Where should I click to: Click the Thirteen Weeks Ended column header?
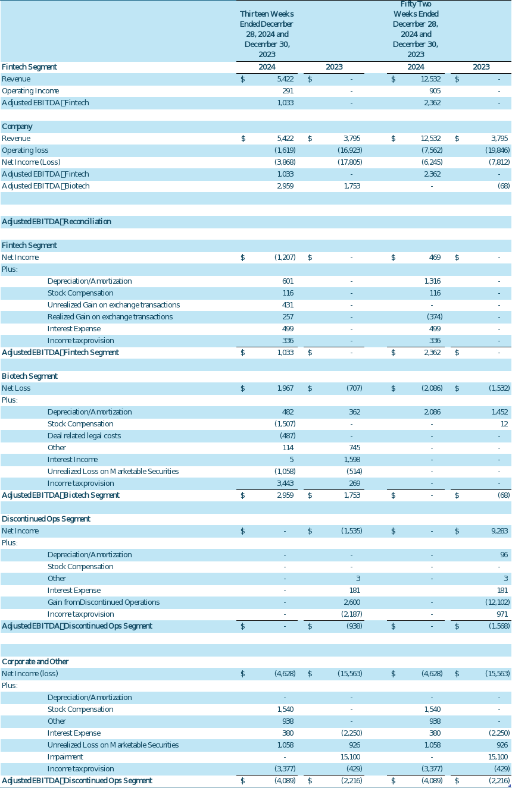coord(266,33)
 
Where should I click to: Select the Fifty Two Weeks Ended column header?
coord(416,29)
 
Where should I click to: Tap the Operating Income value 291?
coord(288,91)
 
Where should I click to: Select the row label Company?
coord(17,127)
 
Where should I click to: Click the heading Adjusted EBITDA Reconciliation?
coord(57,222)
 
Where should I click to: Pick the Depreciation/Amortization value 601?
coord(288,281)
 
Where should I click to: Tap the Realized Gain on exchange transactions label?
coord(110,317)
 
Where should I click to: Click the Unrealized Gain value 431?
coord(288,305)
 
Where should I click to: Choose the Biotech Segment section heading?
coord(30,376)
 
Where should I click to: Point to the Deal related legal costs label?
coord(84,436)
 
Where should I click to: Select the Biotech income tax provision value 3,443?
coord(285,484)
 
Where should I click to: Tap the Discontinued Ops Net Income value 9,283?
coord(500,531)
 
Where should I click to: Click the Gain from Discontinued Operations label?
coord(104,602)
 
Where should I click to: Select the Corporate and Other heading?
coord(35,662)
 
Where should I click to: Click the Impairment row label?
coord(65,757)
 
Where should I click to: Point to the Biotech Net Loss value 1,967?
coord(285,388)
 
